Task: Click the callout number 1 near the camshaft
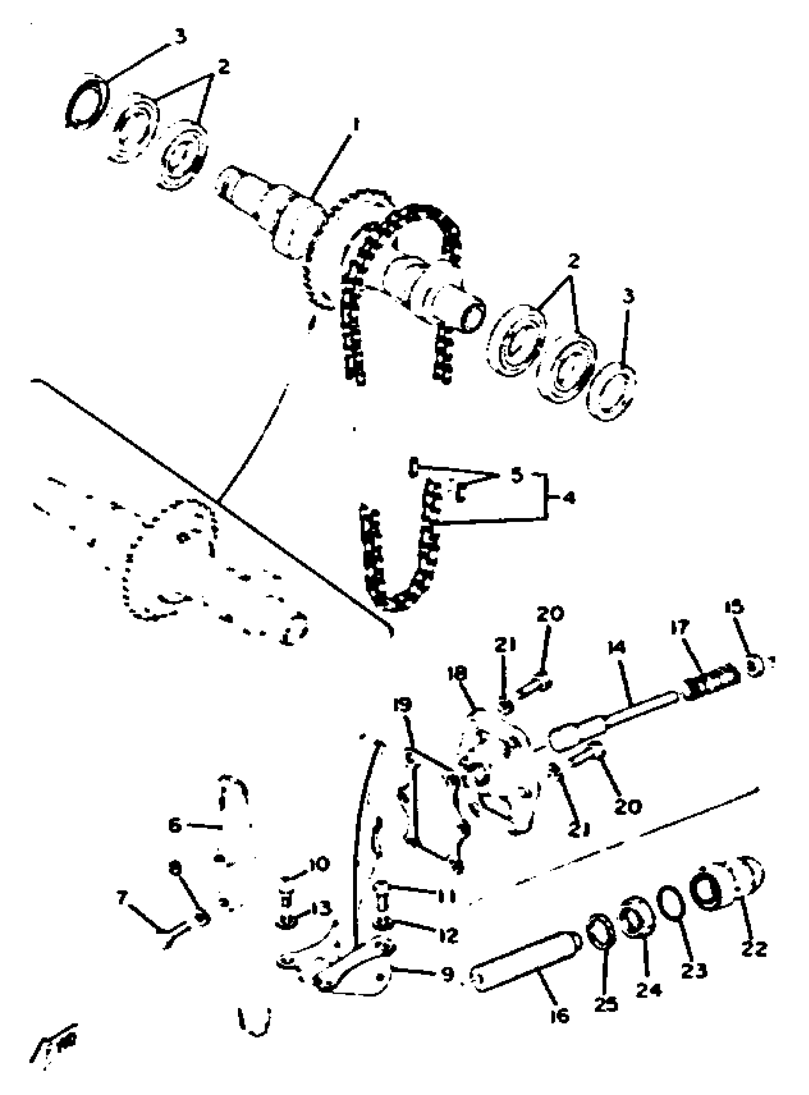tap(355, 125)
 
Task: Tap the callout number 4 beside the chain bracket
tap(568, 498)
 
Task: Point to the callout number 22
tap(754, 948)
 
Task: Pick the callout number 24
tap(649, 989)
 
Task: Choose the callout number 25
tap(606, 1004)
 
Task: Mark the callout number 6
tap(175, 825)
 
